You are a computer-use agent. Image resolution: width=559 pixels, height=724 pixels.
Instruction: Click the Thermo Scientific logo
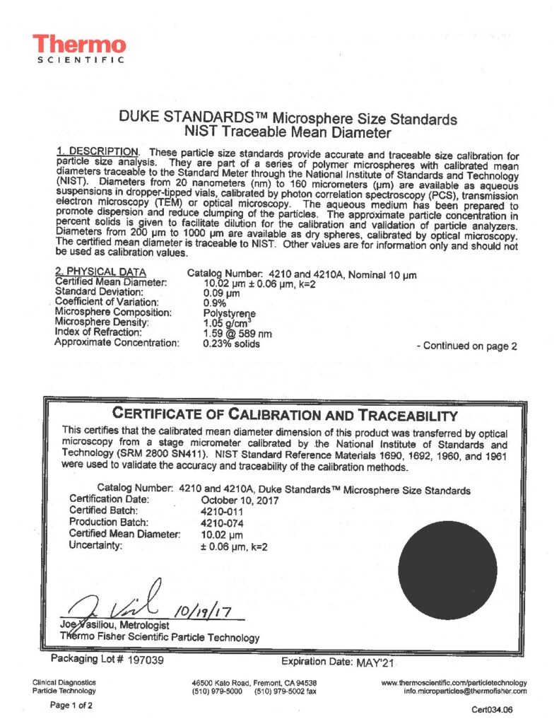80,49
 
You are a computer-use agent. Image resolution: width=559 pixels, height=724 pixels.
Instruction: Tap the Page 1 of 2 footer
71,705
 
